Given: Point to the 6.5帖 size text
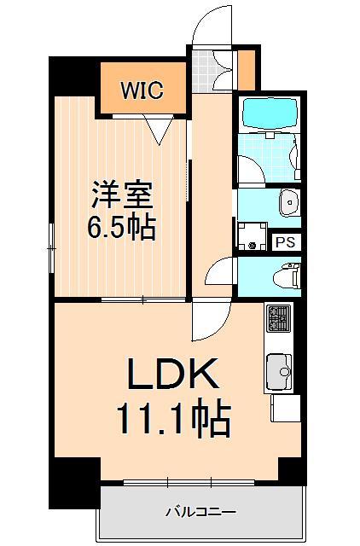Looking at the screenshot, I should click(x=122, y=228).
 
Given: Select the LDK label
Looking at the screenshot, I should click(x=175, y=374).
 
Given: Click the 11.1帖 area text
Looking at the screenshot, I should click(x=174, y=417).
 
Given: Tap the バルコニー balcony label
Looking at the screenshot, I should click(x=200, y=512).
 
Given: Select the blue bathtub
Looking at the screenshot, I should click(x=270, y=113).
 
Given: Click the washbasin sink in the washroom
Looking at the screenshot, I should click(x=288, y=202).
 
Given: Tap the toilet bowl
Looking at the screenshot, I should click(x=287, y=276).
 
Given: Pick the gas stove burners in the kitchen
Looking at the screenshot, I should click(x=279, y=320).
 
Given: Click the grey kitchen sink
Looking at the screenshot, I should click(x=279, y=371).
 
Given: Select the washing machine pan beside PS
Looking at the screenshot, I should click(x=252, y=235).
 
